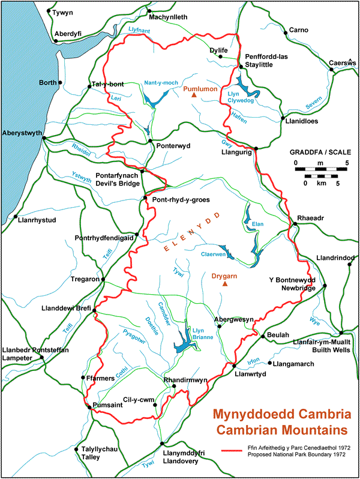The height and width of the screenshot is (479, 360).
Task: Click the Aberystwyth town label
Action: [22, 132]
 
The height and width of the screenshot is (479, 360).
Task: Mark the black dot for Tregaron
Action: [103, 279]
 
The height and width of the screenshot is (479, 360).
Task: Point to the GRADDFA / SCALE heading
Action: [316, 152]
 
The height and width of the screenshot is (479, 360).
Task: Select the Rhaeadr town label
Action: [310, 217]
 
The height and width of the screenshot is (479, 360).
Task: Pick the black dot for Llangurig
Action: [256, 148]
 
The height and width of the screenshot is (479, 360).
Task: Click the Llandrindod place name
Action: [335, 258]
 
